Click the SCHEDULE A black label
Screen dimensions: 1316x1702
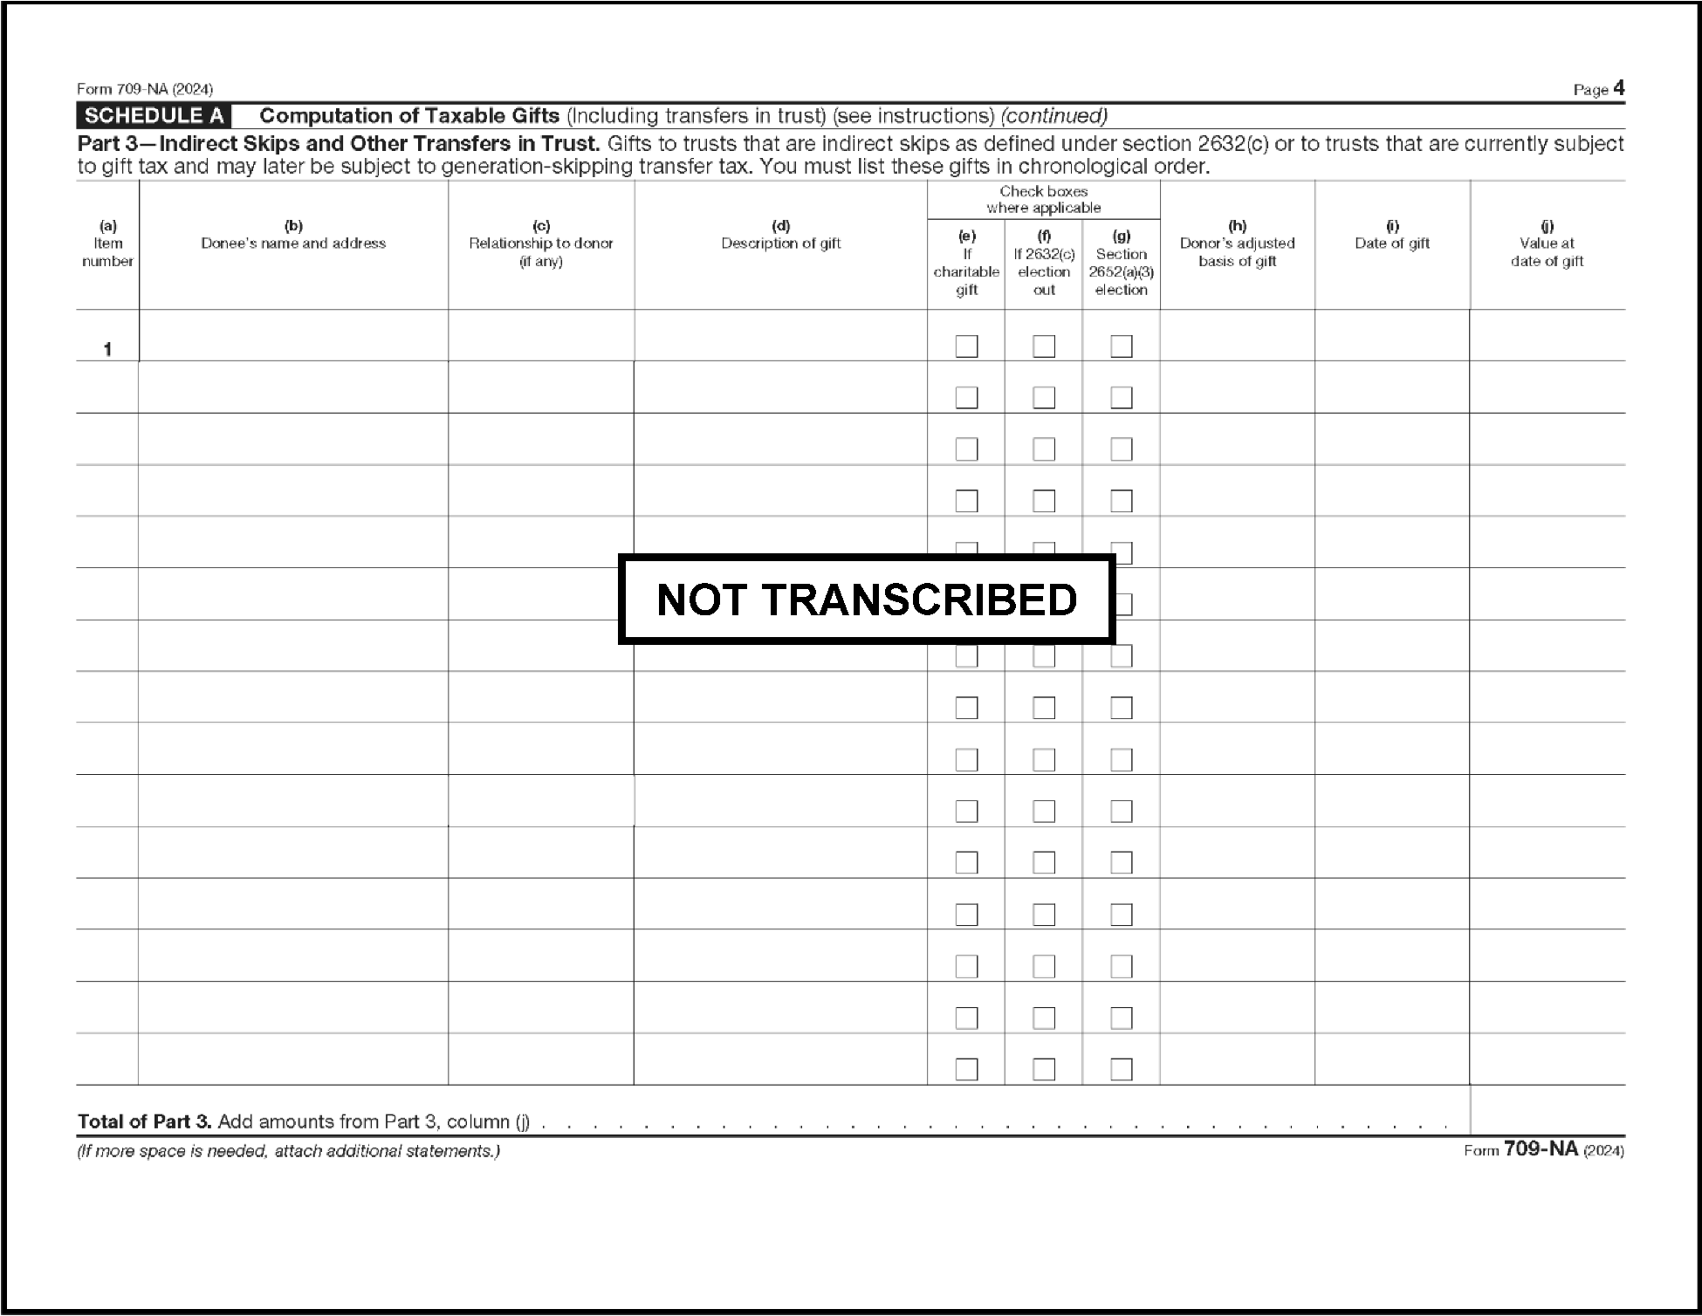coord(154,116)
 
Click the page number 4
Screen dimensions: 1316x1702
coord(1618,88)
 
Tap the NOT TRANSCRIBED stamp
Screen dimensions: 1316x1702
coord(867,600)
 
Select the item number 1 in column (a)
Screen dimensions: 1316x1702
coord(107,349)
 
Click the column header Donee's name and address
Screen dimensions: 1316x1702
coord(293,243)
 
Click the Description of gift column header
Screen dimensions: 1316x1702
coord(780,243)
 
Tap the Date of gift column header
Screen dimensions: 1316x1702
coord(1392,243)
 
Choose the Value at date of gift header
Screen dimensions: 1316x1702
coord(1547,251)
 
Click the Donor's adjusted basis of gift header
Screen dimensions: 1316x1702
coord(1237,251)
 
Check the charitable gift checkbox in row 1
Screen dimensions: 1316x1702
coord(966,346)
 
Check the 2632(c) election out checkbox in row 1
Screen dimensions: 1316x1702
coord(1044,346)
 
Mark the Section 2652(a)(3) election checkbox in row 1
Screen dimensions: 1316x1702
coord(1122,346)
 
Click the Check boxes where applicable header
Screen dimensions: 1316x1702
coord(1043,199)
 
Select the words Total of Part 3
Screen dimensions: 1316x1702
coord(144,1121)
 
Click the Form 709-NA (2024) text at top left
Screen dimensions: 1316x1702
coord(145,89)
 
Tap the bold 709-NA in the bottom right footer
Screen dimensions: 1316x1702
coord(1541,1149)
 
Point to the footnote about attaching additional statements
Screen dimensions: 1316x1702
coord(288,1151)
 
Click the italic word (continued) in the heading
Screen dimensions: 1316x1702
coord(1053,116)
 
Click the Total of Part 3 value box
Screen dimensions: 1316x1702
coord(1547,1110)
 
